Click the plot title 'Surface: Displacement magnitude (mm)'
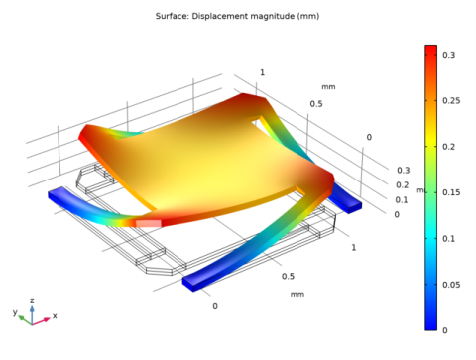click(x=237, y=16)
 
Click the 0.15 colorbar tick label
click(x=451, y=193)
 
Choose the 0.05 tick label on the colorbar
click(x=451, y=285)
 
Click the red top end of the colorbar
click(x=430, y=50)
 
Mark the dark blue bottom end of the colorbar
click(x=430, y=324)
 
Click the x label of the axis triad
click(x=55, y=315)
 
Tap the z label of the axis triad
click(x=32, y=300)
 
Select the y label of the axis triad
click(x=15, y=312)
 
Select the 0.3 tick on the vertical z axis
click(x=403, y=171)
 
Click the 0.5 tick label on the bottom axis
click(x=288, y=277)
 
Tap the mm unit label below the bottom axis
click(x=297, y=294)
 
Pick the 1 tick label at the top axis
click(x=262, y=72)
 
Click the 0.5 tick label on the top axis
click(x=316, y=103)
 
